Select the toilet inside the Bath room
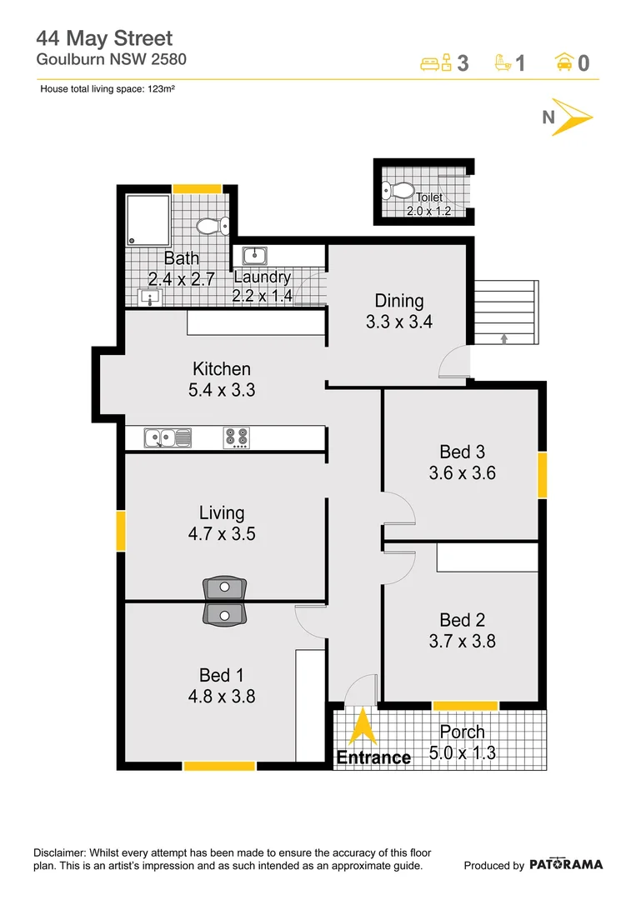tap(213, 226)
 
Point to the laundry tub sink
tap(253, 255)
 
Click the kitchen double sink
tap(168, 437)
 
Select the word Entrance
tap(373, 757)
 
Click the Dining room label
tap(398, 301)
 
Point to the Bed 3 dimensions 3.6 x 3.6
tap(461, 473)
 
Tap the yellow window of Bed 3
tap(542, 475)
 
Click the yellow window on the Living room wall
tap(121, 531)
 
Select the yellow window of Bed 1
tap(219, 765)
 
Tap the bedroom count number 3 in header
tap(463, 63)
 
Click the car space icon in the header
tap(564, 62)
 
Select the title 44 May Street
tap(104, 37)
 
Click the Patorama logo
tap(566, 864)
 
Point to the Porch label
tap(462, 732)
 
